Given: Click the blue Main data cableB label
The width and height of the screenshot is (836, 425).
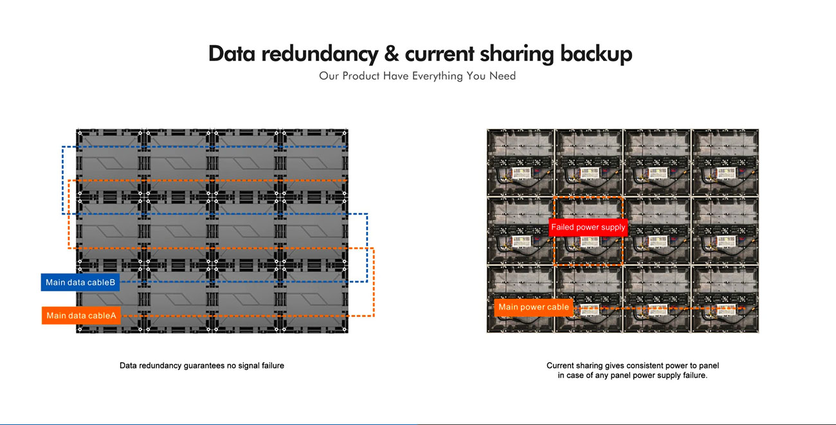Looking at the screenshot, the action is pyautogui.click(x=80, y=282).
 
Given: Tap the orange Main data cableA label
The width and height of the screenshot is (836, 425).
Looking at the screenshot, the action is pyautogui.click(x=81, y=315).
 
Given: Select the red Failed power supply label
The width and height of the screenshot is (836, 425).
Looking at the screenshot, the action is pyautogui.click(x=588, y=227).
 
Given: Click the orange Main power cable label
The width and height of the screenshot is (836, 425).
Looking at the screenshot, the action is pyautogui.click(x=534, y=307).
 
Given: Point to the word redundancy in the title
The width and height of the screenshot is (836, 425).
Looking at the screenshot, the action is pyautogui.click(x=320, y=55).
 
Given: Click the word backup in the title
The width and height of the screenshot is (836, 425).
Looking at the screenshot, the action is pyautogui.click(x=596, y=55).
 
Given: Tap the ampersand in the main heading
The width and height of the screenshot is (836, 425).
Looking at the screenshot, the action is pyautogui.click(x=392, y=54).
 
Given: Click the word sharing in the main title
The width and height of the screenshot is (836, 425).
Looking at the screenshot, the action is pyautogui.click(x=517, y=55).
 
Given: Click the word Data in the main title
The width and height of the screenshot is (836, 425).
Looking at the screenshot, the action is pyautogui.click(x=232, y=54).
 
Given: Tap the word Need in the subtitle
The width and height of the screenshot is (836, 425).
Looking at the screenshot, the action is pyautogui.click(x=502, y=76).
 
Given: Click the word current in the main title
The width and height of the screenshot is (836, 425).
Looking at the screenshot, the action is pyautogui.click(x=440, y=55).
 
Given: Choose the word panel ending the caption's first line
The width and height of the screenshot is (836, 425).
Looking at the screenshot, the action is pyautogui.click(x=709, y=366).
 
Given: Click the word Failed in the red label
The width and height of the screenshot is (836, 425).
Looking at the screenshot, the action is pyautogui.click(x=563, y=227).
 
